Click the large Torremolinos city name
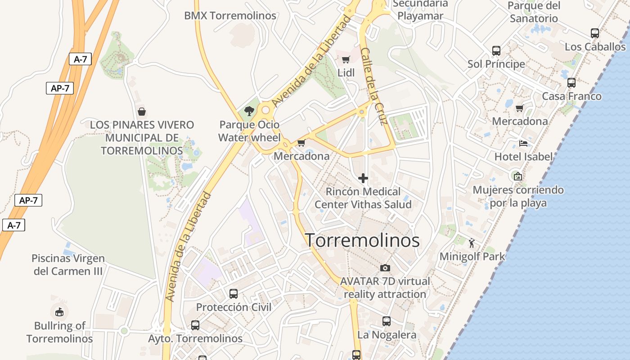(362, 240)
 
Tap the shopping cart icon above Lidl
(346, 59)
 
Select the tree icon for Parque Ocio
(248, 111)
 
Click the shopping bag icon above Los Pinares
(142, 112)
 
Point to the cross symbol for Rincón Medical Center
(363, 178)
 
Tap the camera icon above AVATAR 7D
(385, 268)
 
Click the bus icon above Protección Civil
(234, 294)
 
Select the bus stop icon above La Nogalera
(387, 321)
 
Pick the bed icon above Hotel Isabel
(523, 144)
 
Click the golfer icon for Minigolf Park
(472, 243)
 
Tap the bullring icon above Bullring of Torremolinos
(59, 311)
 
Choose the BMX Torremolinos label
(230, 15)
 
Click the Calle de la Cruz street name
(374, 86)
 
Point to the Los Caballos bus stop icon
(595, 33)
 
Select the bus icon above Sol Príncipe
(496, 51)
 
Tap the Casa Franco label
(571, 96)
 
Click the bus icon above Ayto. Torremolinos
(195, 325)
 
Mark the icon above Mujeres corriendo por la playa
(518, 176)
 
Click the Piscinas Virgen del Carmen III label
(68, 265)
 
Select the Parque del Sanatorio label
(534, 12)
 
